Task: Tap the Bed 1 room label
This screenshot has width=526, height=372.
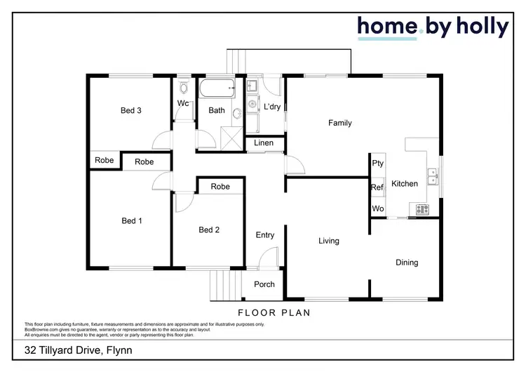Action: [x=131, y=221]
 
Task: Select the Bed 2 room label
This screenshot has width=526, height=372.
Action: [x=209, y=230]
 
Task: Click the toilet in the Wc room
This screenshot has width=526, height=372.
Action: [x=184, y=89]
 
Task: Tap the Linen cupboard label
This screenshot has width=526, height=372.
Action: [x=264, y=144]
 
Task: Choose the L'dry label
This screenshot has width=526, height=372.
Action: [x=271, y=107]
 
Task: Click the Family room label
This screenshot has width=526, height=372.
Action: [x=340, y=124]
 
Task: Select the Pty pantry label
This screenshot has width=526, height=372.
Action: [x=378, y=164]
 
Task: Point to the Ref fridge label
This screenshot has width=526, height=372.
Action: [x=377, y=187]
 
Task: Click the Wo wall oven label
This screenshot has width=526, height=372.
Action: [x=377, y=209]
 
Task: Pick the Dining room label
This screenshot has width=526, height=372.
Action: [x=407, y=263]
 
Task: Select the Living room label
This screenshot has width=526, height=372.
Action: [x=328, y=241]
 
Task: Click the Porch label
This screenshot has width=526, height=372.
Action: [x=264, y=284]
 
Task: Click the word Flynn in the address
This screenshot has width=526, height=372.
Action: [x=117, y=350]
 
